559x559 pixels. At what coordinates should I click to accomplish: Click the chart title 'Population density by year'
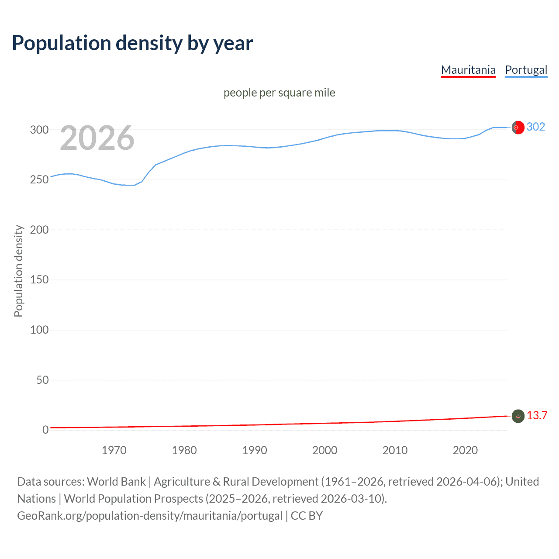[132, 43]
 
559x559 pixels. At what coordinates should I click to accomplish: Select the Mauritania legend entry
[468, 70]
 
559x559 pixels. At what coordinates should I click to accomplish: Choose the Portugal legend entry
[526, 70]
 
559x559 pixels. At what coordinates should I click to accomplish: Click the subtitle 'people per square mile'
[279, 93]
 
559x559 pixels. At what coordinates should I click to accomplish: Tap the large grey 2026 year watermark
[97, 138]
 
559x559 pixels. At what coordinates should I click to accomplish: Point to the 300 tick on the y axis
[39, 130]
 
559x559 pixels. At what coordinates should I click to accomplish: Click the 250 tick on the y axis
[39, 180]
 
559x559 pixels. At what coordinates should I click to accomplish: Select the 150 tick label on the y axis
[39, 280]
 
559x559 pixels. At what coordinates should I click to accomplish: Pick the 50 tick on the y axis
[42, 380]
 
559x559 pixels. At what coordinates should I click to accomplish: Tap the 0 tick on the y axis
[45, 430]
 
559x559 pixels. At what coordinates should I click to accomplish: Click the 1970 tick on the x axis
[114, 450]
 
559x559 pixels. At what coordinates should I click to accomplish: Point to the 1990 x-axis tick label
[255, 450]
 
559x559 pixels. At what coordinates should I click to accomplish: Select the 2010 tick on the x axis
[395, 450]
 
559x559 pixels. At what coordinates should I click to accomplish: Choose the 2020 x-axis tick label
[465, 450]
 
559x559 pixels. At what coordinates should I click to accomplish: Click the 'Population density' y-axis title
[18, 271]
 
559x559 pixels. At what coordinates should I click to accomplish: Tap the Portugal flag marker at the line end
[518, 127]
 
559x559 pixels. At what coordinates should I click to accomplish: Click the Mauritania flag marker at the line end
[518, 416]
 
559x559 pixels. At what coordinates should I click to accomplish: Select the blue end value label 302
[536, 127]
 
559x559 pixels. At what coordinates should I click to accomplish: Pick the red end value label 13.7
[537, 415]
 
